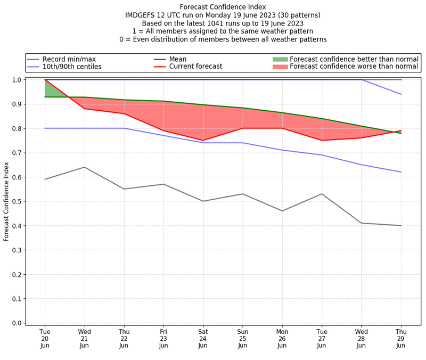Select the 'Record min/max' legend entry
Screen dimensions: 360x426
point(69,59)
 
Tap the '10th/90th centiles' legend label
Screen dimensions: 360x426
point(72,67)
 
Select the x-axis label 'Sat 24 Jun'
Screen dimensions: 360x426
point(203,338)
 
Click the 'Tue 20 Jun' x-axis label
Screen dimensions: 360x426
point(45,338)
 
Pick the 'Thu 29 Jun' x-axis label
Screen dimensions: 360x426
point(401,338)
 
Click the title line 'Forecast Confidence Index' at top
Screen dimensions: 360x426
point(223,7)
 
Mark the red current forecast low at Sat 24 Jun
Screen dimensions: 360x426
point(203,141)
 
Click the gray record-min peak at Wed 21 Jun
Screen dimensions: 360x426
point(85,167)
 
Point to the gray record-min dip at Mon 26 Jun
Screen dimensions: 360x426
point(282,211)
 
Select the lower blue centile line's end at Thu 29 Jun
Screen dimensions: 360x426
point(401,172)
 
